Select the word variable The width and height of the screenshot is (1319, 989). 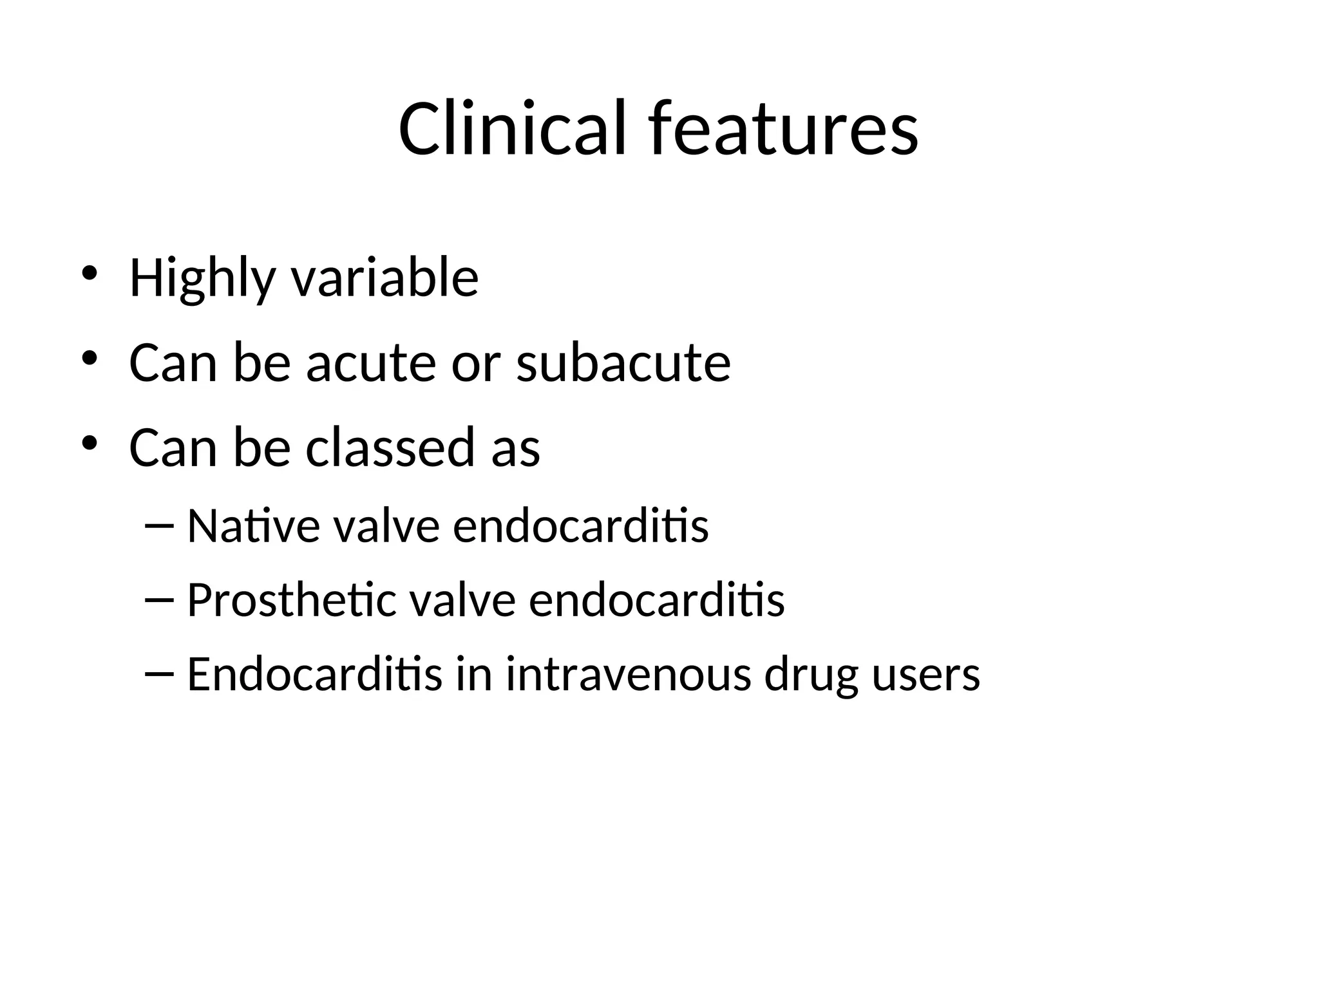384,278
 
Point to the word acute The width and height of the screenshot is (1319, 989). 371,363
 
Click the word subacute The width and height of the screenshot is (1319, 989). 623,363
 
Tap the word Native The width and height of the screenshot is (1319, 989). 253,526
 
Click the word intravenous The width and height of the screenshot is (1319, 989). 628,674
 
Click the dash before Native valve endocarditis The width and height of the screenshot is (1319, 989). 160,527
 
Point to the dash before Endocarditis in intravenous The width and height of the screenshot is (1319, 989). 160,675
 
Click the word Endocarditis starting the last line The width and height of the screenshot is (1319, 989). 314,674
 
